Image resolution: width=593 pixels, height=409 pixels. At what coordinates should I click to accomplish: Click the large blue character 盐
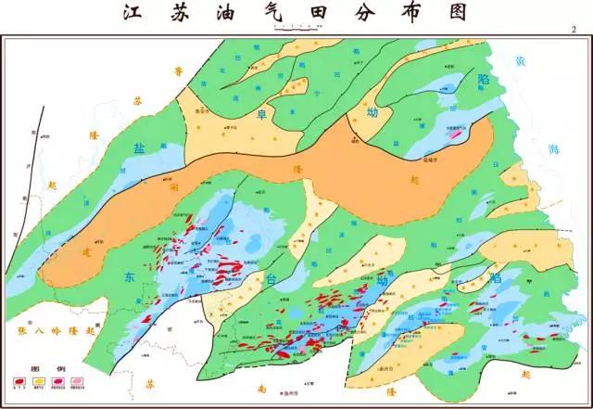point(140,149)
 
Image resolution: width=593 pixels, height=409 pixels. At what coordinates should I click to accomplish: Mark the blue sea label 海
point(553,148)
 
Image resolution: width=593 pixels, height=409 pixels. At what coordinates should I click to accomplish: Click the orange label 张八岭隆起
point(57,330)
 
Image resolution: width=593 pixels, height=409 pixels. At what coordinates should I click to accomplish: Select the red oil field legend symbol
point(19,381)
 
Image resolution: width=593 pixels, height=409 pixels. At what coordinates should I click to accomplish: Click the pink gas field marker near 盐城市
point(455,135)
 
